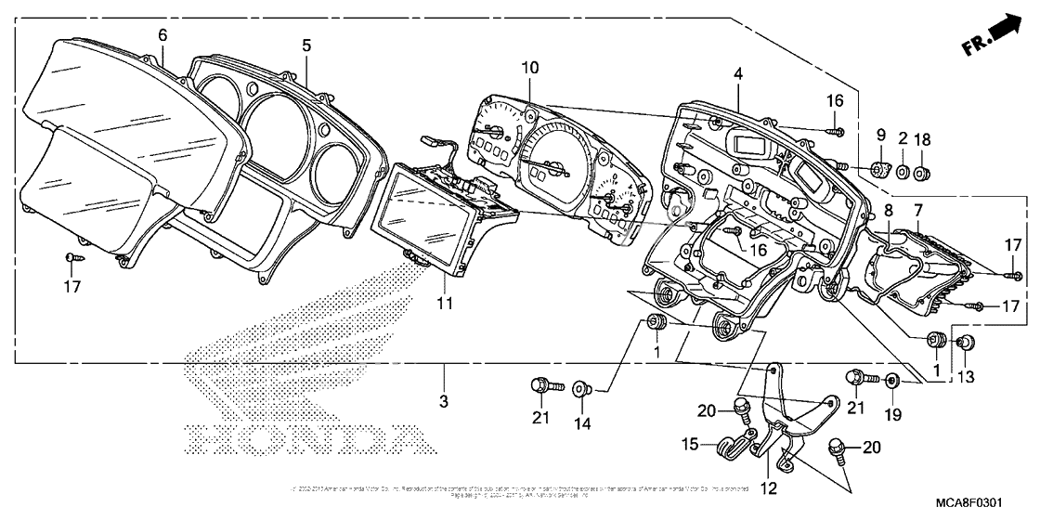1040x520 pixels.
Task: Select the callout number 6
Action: (x=162, y=34)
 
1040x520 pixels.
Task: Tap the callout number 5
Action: (x=306, y=45)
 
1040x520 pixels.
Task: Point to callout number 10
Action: (x=529, y=67)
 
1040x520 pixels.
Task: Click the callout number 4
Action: (x=737, y=71)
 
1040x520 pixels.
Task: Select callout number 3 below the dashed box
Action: (x=444, y=400)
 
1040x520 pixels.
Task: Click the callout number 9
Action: (x=880, y=136)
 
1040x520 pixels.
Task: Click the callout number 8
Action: (x=889, y=212)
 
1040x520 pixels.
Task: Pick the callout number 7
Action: (x=918, y=212)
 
